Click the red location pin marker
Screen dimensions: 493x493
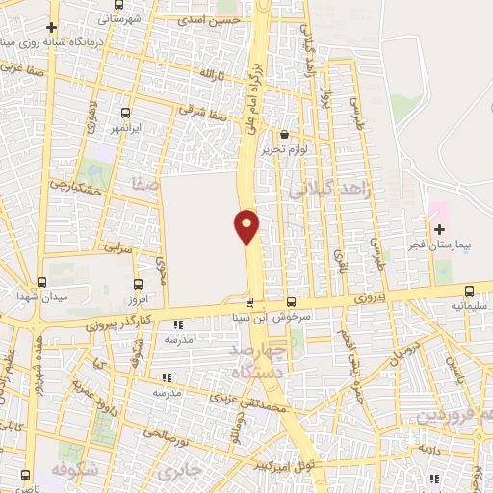point(246,225)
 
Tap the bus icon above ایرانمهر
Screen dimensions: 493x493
point(126,113)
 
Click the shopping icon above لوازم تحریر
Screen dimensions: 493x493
point(285,135)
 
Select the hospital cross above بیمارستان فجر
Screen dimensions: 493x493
point(440,229)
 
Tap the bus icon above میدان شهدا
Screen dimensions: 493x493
point(41,282)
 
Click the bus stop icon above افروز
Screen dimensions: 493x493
point(138,284)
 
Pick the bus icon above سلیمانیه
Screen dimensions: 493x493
point(469,291)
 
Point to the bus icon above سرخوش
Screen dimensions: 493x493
point(292,301)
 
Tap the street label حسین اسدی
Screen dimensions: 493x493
point(214,19)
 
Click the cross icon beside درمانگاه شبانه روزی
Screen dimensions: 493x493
point(51,28)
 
